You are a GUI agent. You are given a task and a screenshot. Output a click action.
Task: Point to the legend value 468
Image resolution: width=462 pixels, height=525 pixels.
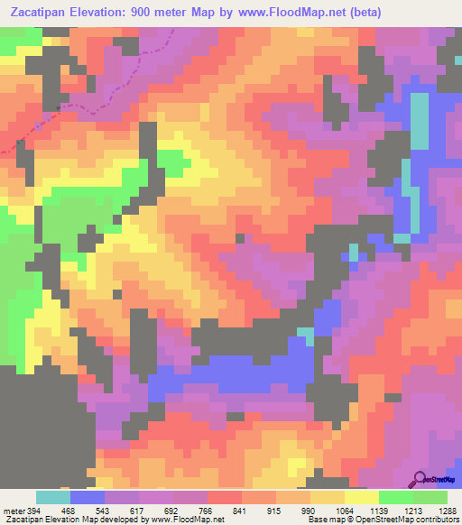point(71,511)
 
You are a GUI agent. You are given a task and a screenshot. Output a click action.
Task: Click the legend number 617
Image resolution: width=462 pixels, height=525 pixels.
point(140,511)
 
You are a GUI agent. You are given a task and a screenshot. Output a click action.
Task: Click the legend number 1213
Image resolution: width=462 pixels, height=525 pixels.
point(412,511)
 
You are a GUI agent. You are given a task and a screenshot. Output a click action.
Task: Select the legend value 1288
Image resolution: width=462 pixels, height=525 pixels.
point(446,511)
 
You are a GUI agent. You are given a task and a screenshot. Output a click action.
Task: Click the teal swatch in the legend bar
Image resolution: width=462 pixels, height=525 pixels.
point(53,498)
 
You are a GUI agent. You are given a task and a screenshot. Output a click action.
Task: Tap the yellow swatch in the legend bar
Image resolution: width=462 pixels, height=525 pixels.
point(361,498)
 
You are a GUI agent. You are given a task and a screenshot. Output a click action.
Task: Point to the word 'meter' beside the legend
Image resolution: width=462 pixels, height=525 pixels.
point(13,511)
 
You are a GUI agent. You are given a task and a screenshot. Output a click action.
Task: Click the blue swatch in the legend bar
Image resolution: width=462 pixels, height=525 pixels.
point(88,498)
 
